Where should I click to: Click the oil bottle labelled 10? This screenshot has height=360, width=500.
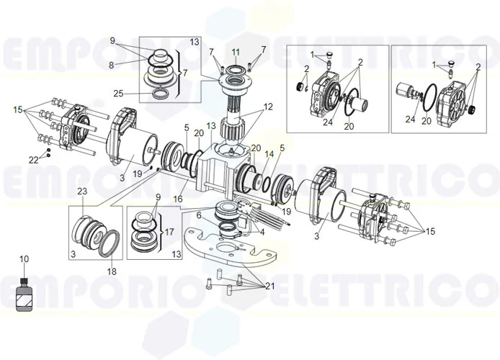pos(24,294)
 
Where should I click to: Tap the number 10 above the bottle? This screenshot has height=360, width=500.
pos(24,258)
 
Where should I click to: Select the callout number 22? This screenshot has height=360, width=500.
pos(34,160)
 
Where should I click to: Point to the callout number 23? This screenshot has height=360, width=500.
pos(82,191)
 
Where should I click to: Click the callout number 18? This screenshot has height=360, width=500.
pos(111,271)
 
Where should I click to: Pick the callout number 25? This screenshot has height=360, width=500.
pos(118,94)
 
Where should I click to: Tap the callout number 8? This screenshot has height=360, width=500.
pos(112,65)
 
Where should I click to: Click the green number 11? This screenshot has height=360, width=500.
pos(235,53)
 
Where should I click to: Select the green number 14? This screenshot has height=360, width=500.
pos(269,154)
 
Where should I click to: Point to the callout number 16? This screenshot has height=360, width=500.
pos(177,199)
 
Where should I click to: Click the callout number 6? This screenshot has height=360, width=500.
pos(199,215)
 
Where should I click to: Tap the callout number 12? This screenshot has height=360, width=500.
pos(268,107)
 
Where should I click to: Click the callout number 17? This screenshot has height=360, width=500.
pos(170,232)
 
